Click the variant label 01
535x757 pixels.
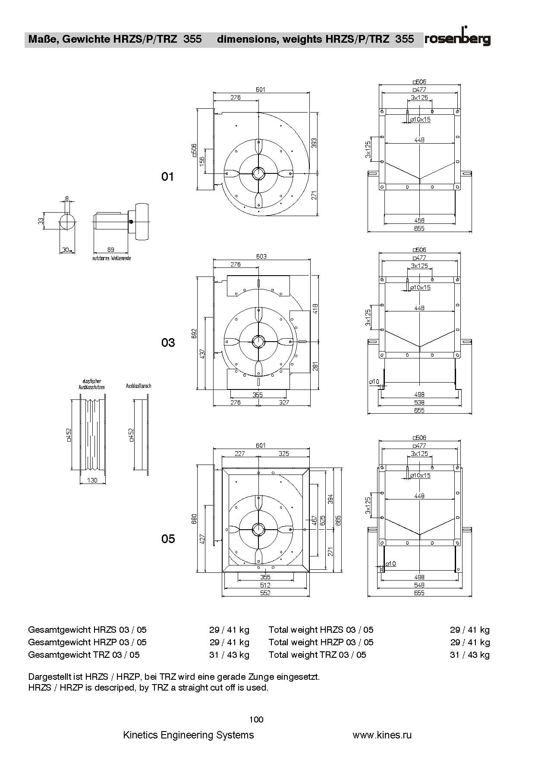[167, 176]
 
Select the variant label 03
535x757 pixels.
[168, 342]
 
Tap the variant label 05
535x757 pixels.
[168, 539]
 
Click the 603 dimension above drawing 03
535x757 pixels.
[261, 256]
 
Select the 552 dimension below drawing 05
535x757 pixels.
[265, 593]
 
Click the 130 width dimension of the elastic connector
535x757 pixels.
[92, 480]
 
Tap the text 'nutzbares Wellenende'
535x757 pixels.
[111, 258]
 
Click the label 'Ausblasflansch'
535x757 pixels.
[138, 386]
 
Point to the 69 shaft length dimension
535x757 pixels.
[110, 249]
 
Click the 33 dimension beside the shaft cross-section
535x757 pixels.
[41, 220]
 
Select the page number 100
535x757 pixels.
[256, 719]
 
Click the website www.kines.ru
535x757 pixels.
[382, 735]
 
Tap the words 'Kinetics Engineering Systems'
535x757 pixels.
[189, 735]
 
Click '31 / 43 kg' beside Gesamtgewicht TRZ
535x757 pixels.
[229, 655]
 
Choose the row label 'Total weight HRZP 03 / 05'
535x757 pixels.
[321, 642]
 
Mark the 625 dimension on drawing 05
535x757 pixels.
[323, 521]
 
